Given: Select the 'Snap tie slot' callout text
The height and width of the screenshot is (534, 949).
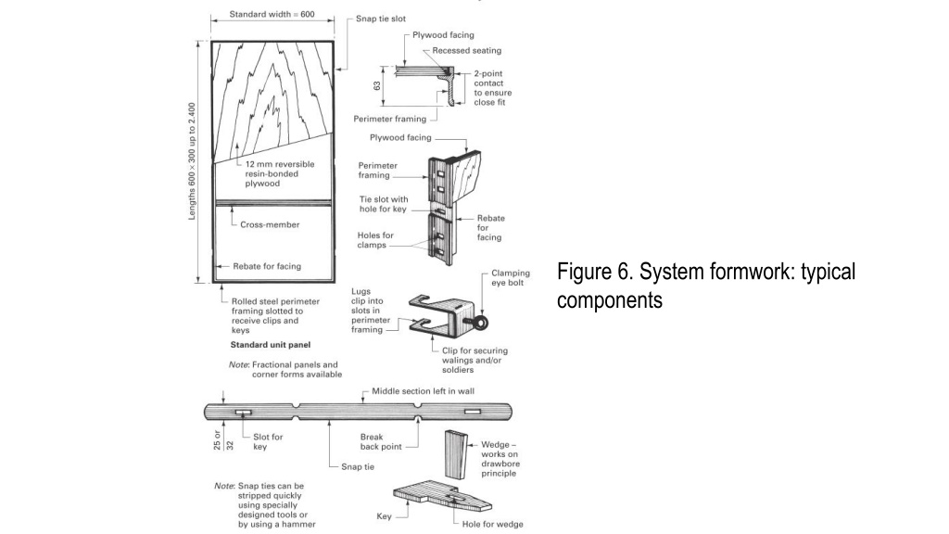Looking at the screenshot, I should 380,19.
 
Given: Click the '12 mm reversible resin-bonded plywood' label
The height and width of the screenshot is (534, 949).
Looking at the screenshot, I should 279,173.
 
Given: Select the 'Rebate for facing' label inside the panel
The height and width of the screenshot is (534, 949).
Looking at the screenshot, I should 271,266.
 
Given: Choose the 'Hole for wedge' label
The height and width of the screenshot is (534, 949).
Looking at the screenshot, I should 493,524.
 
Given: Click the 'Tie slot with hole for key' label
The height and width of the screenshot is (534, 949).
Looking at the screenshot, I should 383,204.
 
